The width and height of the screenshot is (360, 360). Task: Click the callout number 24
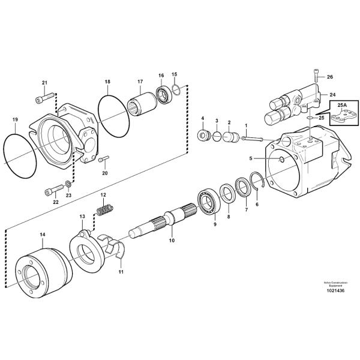pos(332,94)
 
